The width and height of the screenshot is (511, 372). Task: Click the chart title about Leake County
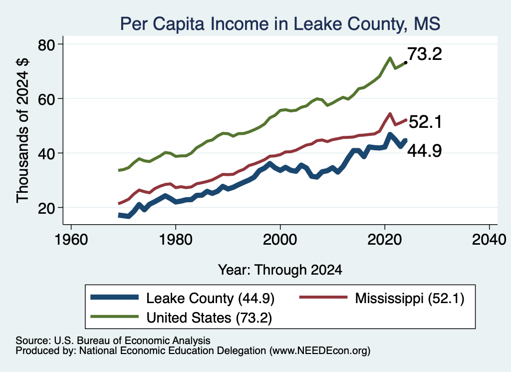pos(280,24)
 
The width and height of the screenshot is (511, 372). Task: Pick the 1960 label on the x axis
pos(71,240)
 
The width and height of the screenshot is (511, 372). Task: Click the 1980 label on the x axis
pos(176,240)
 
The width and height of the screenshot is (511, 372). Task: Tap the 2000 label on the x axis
pos(280,240)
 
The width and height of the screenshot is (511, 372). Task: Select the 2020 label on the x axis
pos(385,240)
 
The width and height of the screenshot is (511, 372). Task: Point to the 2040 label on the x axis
pos(489,240)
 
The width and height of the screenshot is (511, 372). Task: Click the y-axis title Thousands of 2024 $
pos(22,130)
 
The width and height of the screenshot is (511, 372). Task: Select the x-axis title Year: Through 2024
pos(280,270)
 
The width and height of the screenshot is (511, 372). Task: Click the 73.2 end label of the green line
pos(425,54)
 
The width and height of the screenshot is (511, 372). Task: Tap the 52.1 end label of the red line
pos(425,122)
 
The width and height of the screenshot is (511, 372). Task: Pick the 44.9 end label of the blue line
pos(425,151)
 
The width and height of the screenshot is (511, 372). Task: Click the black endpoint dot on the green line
pos(405,62)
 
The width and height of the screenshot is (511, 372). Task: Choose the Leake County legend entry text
pos(210,298)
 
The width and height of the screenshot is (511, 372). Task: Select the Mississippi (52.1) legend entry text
pos(410,298)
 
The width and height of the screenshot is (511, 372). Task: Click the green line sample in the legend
pos(115,317)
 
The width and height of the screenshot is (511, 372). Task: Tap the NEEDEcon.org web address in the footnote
pos(320,351)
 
